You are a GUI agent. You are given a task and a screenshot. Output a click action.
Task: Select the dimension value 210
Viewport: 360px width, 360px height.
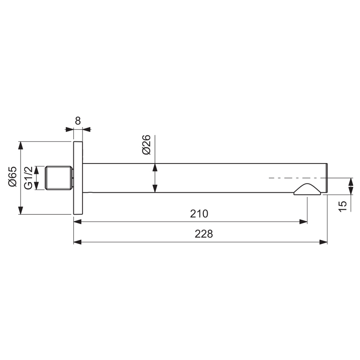pos(199,214)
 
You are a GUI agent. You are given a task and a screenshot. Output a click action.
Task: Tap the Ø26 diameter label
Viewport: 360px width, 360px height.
pos(147,145)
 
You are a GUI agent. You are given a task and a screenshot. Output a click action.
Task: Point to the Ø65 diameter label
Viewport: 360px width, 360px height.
pos(12,177)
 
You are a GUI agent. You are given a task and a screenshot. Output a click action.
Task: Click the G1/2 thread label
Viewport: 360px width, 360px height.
pos(28,178)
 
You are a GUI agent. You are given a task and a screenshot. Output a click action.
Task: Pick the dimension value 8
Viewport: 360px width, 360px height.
pos(78,121)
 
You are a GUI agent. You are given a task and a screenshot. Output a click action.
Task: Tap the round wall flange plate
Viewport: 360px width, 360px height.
pos(78,178)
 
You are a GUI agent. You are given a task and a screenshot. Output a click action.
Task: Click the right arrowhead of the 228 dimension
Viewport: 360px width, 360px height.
pos(324,242)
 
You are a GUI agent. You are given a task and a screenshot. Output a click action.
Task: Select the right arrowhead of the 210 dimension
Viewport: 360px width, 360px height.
pos(304,221)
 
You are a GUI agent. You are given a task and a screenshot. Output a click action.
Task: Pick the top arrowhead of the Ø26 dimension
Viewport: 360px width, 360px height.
pos(155,167)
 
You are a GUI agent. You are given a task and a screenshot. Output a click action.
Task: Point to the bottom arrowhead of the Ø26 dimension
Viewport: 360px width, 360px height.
pos(155,189)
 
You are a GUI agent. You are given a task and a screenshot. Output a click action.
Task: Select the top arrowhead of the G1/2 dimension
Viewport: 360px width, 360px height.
pos(37,169)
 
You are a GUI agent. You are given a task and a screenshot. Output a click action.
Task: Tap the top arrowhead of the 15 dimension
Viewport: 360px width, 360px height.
pos(351,182)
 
